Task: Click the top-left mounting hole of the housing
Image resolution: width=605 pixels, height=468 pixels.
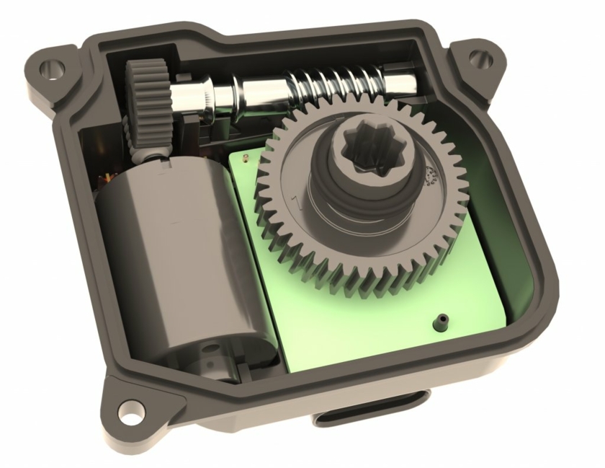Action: coord(49,69)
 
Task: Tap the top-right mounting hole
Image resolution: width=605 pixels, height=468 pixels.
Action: coord(479,58)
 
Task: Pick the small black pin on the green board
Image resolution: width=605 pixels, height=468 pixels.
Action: coord(440,319)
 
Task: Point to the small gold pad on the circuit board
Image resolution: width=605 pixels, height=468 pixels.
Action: coord(249,159)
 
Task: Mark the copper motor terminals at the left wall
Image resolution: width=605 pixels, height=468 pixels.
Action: coord(108,177)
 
